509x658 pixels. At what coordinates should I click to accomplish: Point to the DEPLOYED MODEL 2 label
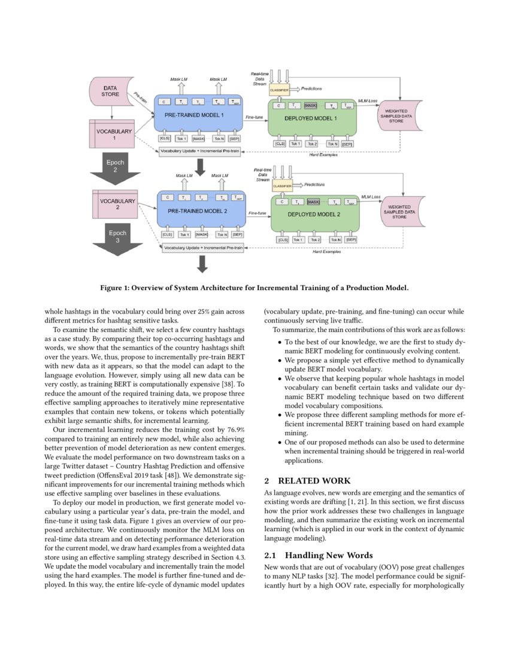click(314, 214)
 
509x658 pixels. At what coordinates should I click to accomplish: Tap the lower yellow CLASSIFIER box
click(282, 186)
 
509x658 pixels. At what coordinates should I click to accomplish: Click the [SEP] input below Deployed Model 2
click(351, 239)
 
